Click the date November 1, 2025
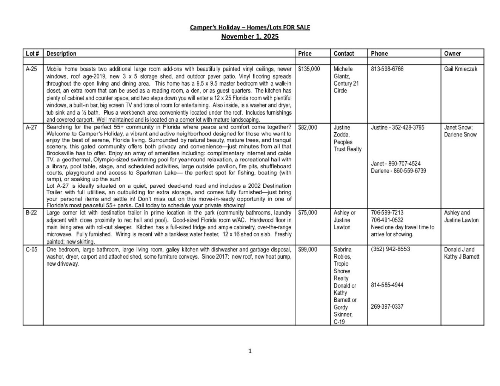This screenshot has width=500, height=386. [250, 37]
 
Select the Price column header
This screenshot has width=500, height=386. [305, 54]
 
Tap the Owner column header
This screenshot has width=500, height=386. [452, 54]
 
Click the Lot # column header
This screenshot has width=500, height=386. [33, 54]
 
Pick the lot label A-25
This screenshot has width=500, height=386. [31, 69]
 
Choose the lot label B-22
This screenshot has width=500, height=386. [31, 213]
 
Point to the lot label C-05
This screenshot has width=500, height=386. [32, 250]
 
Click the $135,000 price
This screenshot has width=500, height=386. [309, 69]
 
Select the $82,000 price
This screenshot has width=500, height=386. [308, 127]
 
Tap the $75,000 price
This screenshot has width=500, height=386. [308, 213]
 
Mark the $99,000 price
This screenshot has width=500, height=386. [308, 250]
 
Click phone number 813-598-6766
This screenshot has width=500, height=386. [387, 69]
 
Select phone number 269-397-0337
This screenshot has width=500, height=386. [387, 307]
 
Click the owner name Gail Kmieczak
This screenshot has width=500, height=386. [461, 69]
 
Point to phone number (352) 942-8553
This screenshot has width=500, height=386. [390, 249]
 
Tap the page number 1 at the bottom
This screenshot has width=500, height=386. [250, 351]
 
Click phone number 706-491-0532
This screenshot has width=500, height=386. [387, 220]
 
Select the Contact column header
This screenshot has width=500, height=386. [344, 54]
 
